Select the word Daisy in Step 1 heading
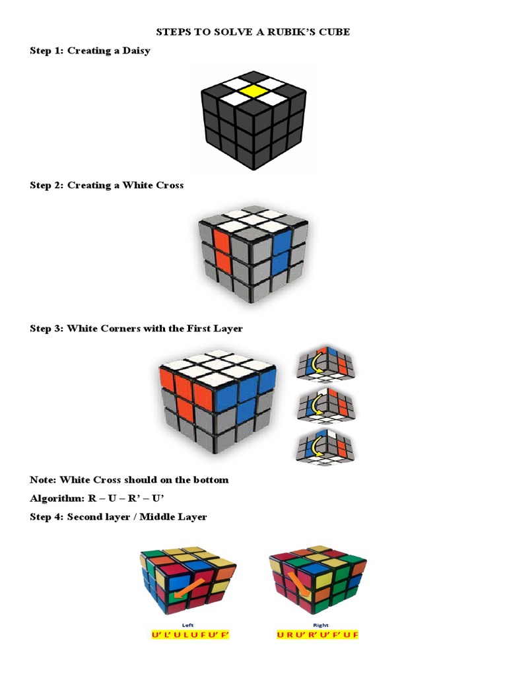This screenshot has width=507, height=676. tap(135, 51)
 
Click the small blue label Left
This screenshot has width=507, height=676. tap(187, 624)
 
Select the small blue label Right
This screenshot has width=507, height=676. tap(321, 624)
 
